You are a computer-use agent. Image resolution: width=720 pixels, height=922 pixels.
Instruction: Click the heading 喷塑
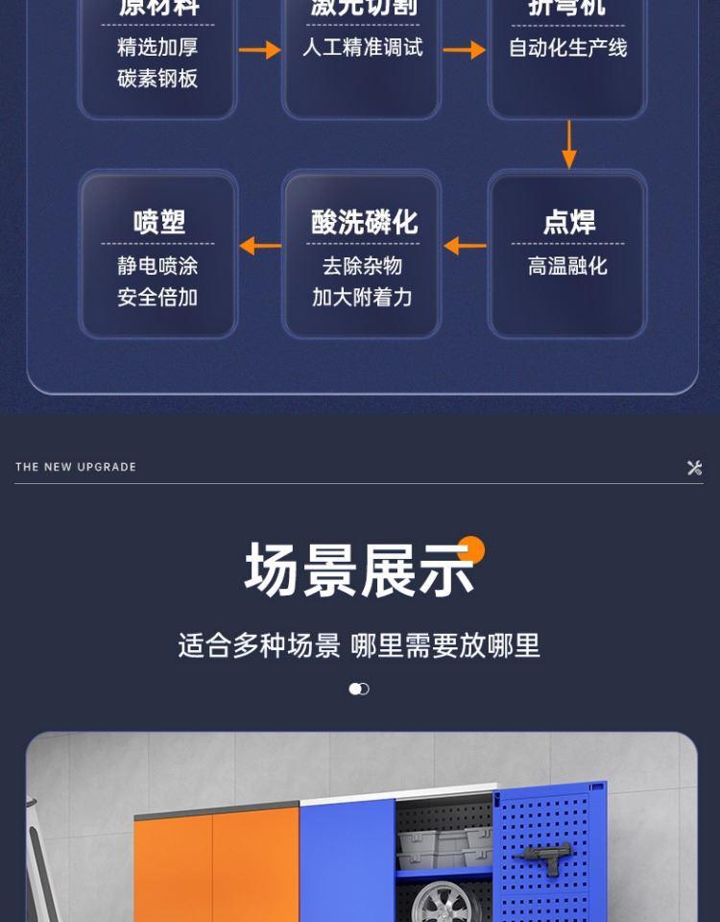158,222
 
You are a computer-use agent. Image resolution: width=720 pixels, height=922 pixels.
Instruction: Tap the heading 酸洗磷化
364,222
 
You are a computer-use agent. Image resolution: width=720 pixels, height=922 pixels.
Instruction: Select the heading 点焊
568,222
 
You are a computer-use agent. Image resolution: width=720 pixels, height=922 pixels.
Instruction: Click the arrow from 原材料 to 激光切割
259,49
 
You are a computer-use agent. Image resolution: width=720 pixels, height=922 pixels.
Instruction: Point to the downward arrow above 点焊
568,144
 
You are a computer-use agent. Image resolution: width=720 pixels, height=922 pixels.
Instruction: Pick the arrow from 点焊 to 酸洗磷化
465,246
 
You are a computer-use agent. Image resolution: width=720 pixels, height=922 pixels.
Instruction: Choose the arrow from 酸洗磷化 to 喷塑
259,246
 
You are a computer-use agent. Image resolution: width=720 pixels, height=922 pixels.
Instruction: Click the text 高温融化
567,266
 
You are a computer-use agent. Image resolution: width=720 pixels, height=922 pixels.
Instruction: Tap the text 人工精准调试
363,47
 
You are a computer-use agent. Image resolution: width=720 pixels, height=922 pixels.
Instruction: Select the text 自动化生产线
567,48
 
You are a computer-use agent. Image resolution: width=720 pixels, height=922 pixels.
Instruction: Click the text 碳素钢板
157,79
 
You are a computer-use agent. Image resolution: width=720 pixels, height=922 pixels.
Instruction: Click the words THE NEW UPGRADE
76,467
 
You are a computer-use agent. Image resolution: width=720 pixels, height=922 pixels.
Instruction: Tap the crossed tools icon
695,468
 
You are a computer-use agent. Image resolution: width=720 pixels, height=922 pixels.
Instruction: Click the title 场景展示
360,570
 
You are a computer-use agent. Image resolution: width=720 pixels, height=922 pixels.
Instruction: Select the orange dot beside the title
471,550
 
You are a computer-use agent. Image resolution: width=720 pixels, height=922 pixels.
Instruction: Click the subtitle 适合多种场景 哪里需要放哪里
359,645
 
